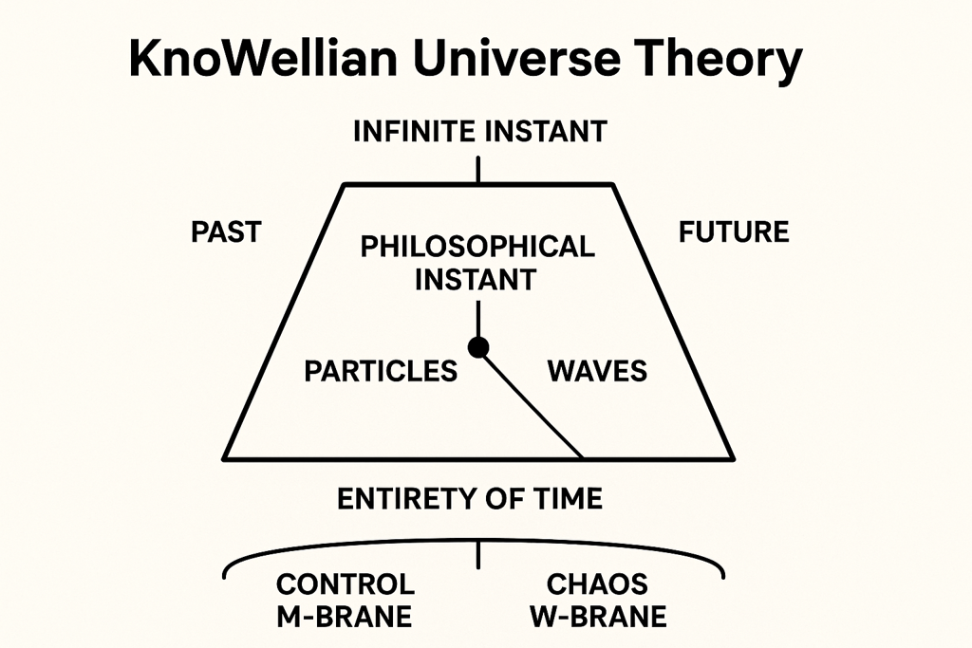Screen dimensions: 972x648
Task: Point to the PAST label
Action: click(x=226, y=232)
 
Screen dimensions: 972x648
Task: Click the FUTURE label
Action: click(x=734, y=232)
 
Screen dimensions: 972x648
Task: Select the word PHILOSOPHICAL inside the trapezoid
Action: click(x=477, y=247)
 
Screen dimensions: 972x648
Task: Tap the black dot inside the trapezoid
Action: click(x=478, y=347)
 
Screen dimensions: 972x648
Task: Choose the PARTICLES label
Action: click(x=381, y=371)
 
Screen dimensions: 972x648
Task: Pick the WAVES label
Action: click(x=597, y=371)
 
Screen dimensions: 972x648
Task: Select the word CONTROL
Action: click(x=346, y=584)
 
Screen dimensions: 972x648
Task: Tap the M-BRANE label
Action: click(x=344, y=617)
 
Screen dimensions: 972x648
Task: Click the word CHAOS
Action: click(x=597, y=584)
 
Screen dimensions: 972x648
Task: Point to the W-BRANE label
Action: click(x=598, y=617)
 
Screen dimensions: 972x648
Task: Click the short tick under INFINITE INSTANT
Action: click(x=478, y=170)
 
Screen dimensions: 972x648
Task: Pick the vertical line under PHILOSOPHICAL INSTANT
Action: click(x=478, y=320)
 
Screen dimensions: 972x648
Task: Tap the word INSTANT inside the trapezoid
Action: click(x=476, y=280)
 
